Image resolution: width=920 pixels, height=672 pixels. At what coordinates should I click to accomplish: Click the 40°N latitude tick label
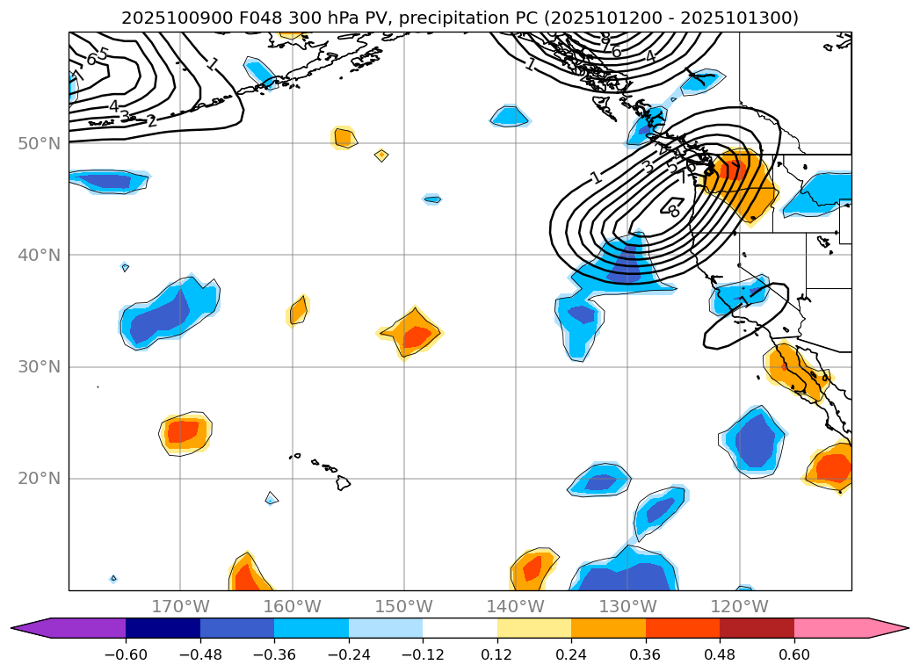pos(39,256)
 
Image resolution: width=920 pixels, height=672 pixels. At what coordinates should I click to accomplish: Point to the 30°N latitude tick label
pos(39,367)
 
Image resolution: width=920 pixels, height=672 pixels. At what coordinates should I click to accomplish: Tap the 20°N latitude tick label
pos(39,479)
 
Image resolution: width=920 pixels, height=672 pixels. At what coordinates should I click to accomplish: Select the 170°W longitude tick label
pos(180,606)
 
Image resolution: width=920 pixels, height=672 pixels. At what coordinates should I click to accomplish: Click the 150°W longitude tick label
pos(403,606)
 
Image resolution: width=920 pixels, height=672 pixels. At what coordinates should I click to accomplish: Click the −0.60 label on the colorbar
pos(125,654)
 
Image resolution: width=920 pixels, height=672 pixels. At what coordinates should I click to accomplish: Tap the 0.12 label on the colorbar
pos(496,654)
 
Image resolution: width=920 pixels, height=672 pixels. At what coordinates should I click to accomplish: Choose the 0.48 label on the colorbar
pos(720,654)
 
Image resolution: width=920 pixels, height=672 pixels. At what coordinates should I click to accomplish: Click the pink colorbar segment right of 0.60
pos(844,628)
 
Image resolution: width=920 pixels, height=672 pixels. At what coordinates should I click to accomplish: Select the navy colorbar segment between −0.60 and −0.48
pos(163,628)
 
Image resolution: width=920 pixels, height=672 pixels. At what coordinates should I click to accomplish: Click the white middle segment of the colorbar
pos(460,628)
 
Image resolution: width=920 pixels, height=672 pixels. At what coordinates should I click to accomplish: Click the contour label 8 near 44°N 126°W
pos(674,212)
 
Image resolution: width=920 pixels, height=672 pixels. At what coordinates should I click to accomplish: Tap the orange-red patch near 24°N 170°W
pos(185,431)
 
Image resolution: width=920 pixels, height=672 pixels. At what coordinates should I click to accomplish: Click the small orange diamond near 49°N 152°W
pos(381,155)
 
